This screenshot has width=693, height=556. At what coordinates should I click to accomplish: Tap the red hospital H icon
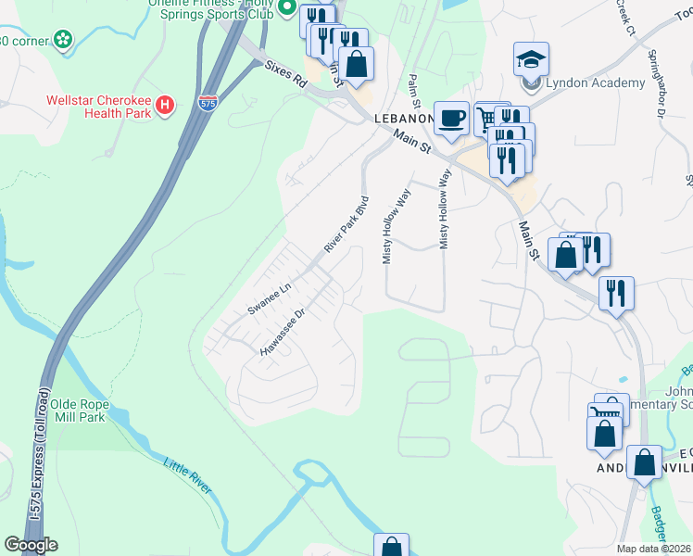pos(165,105)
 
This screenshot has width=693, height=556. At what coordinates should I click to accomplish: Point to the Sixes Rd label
pos(285,71)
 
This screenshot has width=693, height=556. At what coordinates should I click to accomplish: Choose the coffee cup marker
pos(451,118)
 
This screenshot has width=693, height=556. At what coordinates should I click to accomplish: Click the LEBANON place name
pos(404,120)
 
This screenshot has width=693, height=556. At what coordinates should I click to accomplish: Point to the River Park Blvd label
pos(346,224)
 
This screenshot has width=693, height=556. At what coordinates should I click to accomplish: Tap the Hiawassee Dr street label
pos(283,333)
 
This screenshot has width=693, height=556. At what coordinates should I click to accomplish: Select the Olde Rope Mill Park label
pos(90,411)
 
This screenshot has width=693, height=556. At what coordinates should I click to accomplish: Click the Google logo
pos(31,545)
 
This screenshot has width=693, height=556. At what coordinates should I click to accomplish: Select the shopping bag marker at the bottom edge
pos(391,547)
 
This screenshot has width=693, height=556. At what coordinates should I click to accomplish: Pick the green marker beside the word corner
pos(62,40)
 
